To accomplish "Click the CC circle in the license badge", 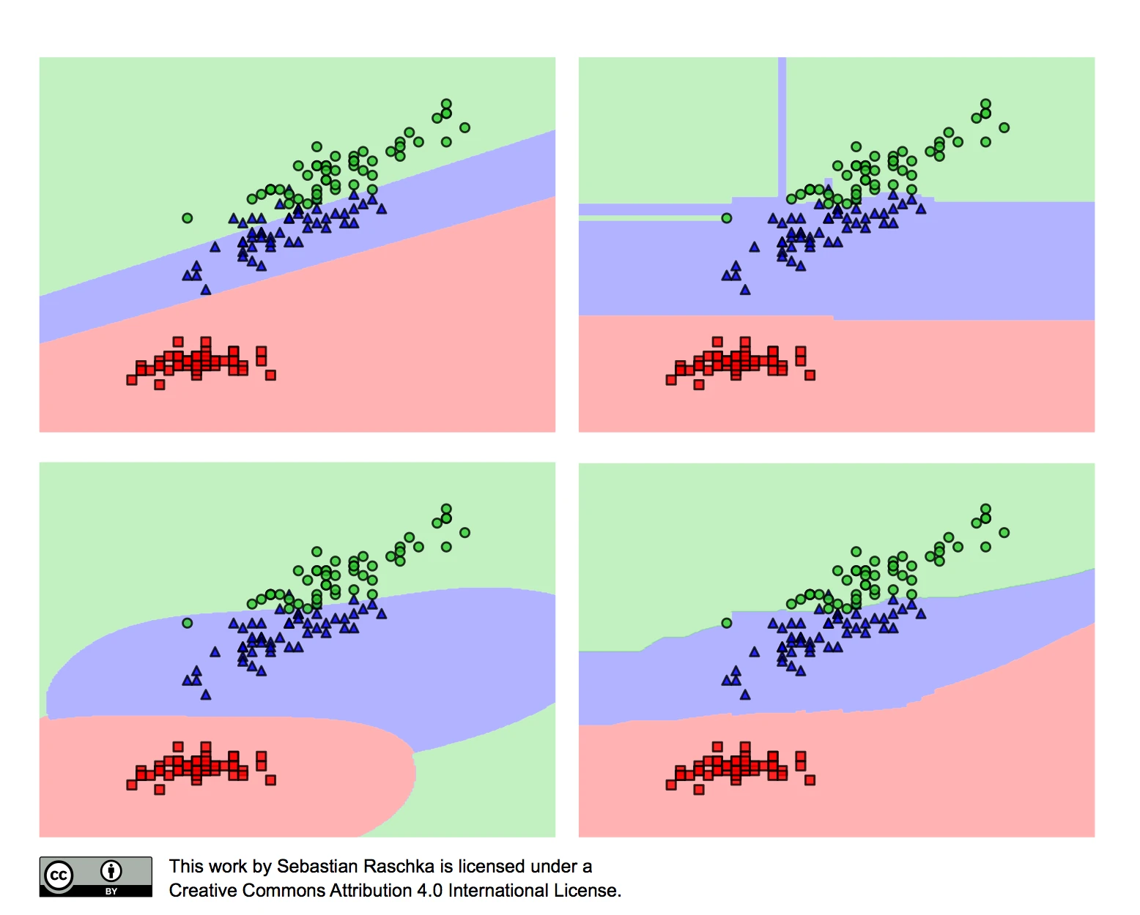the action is click(x=59, y=876).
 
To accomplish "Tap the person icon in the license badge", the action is click(x=111, y=871).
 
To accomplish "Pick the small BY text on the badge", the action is click(x=111, y=892).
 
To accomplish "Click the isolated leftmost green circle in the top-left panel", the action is click(x=187, y=218).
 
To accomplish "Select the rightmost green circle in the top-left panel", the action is click(x=464, y=127).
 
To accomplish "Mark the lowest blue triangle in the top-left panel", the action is click(x=206, y=289).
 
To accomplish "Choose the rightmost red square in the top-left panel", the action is click(x=270, y=376).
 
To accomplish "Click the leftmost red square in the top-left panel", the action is click(x=131, y=380).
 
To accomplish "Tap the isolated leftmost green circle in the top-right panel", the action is click(x=726, y=218).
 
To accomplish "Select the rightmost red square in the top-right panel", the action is click(x=810, y=376).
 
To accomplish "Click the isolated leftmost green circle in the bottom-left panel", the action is click(x=187, y=623).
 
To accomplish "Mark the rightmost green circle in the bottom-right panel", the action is click(x=1004, y=532).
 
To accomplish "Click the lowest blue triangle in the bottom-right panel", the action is click(x=745, y=695).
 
